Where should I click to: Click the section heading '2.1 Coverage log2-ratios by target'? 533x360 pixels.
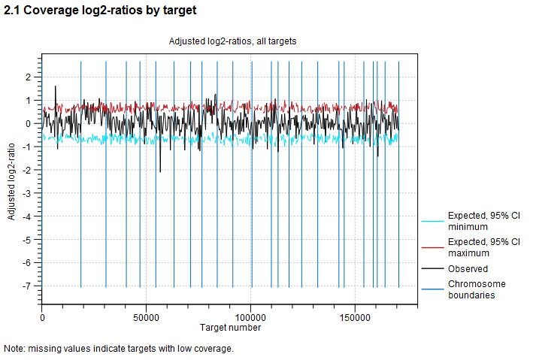pos(100,11)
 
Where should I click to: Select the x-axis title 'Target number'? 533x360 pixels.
pos(231,328)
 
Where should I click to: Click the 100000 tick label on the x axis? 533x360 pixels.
pos(251,318)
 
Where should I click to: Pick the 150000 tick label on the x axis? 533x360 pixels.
pos(355,318)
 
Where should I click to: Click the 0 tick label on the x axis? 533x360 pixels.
pos(42,318)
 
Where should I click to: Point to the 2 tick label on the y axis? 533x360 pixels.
pos(28,77)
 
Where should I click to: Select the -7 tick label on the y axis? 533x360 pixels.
pos(26,286)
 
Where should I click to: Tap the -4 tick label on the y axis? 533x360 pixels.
pos(26,216)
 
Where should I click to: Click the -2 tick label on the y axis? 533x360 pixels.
pos(26,170)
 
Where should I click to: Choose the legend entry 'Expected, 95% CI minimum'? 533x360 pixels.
pos(483,221)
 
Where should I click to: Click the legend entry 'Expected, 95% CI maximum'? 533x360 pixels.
pos(483,247)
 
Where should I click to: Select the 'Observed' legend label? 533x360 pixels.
pos(468,269)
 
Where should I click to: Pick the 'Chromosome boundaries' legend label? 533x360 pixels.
pos(477,289)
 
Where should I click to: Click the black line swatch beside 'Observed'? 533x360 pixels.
pos(432,269)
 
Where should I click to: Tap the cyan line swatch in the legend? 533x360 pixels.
pos(432,221)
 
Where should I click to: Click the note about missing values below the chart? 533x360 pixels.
pos(119,349)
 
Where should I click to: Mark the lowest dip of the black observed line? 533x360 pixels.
pos(160,171)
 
